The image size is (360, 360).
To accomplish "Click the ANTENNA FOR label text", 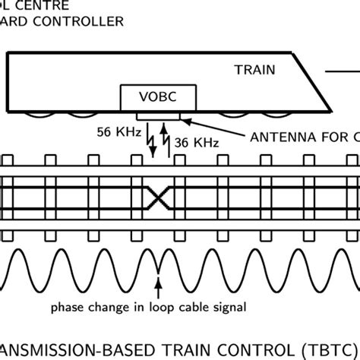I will (x=301, y=137).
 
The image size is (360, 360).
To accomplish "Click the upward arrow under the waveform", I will (x=158, y=287).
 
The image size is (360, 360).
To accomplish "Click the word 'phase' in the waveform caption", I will (x=68, y=308).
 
